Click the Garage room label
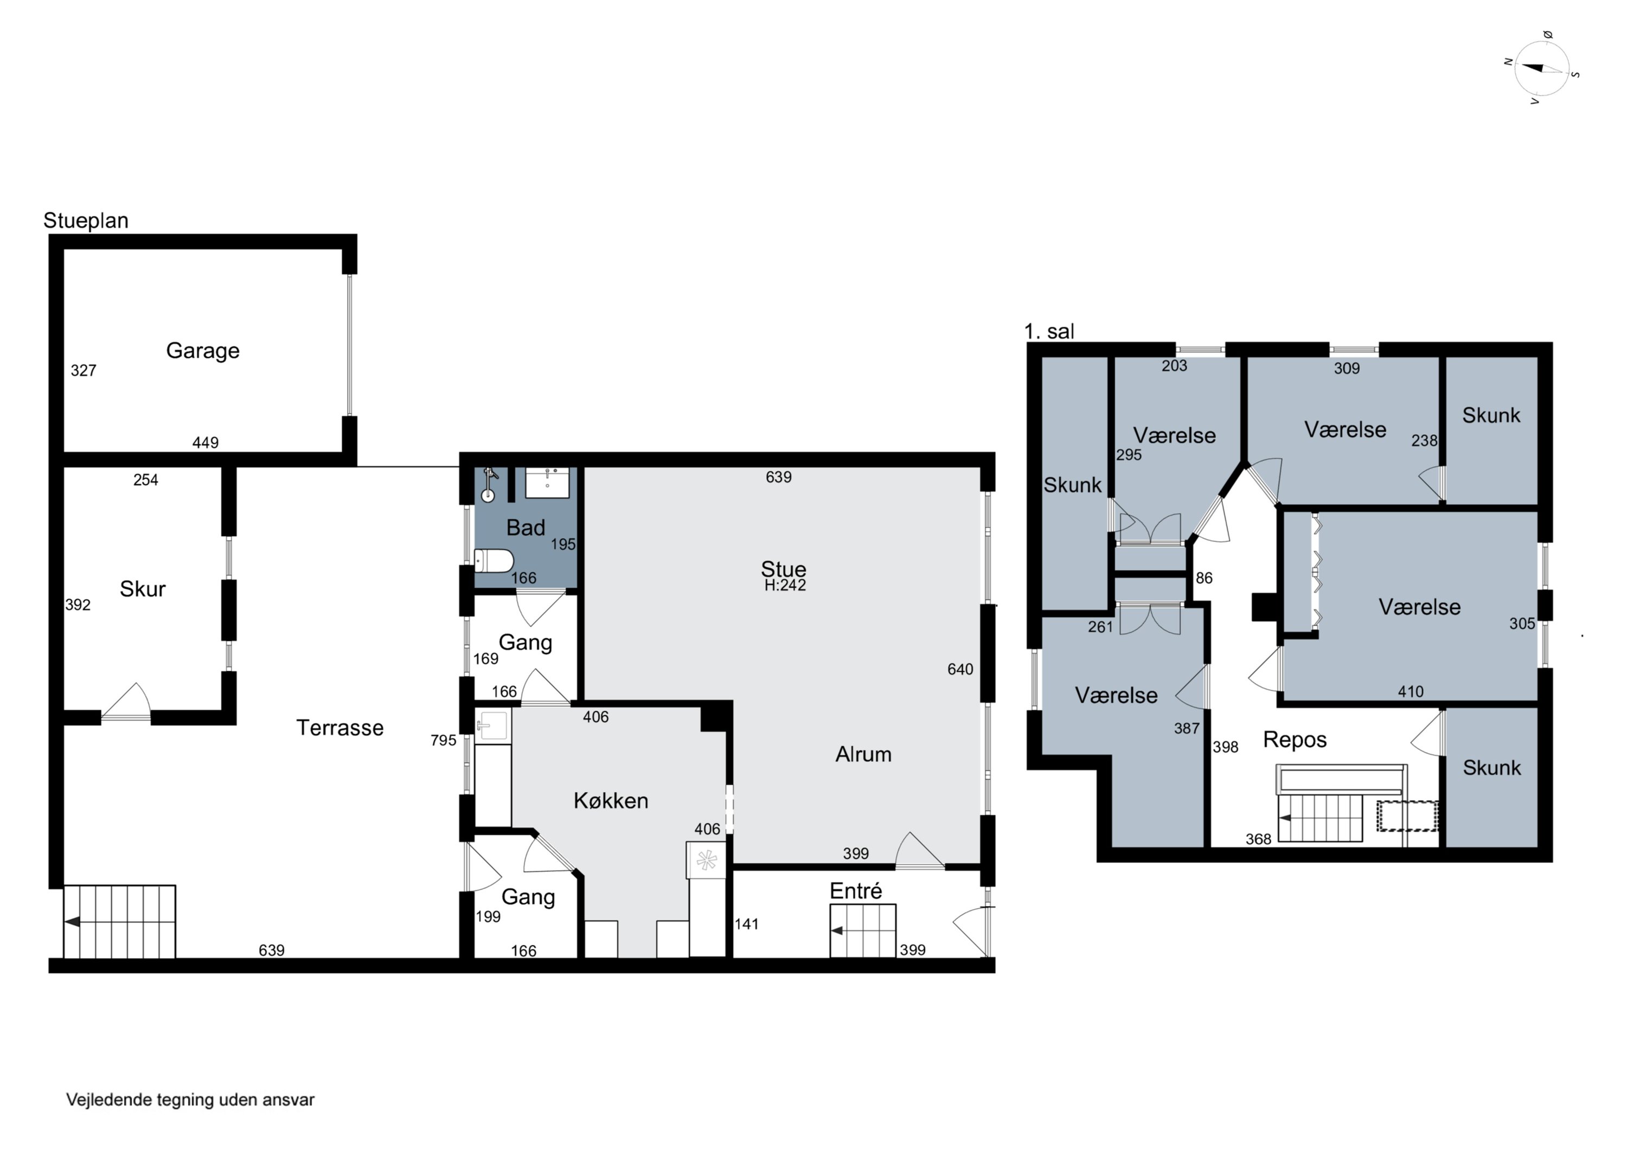pos(203,351)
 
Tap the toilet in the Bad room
pos(494,561)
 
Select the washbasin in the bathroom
pos(547,483)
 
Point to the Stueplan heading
pos(86,220)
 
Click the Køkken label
pos(611,801)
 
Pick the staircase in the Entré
pos(862,930)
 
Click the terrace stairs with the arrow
pos(119,921)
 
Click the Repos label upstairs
pos(1295,740)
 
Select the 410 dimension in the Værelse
pos(1410,691)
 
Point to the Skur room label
pos(143,589)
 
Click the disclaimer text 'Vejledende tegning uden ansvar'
pos(190,1100)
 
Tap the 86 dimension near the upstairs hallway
pos(1204,578)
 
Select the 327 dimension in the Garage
pos(84,370)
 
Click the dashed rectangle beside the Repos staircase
pos(1407,815)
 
